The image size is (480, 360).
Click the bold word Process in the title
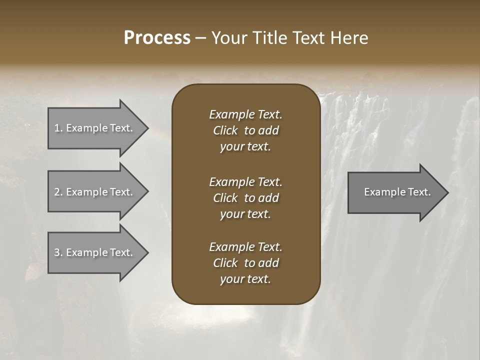tap(157, 38)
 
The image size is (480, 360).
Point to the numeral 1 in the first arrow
tap(57, 128)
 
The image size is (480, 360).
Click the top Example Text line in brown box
tap(245, 114)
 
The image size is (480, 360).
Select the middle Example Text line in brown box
tap(245, 182)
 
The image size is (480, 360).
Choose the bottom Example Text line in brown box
tap(245, 247)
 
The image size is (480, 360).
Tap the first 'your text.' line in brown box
tap(245, 147)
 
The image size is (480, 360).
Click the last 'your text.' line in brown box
tap(245, 279)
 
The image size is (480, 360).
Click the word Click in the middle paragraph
tap(225, 198)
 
